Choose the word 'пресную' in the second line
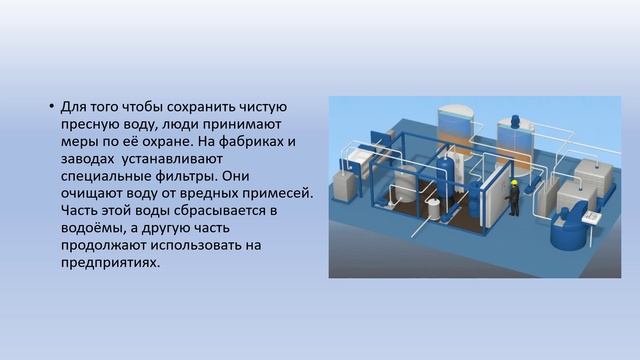pyautogui.click(x=91, y=123)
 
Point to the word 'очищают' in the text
pyautogui.click(x=94, y=190)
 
